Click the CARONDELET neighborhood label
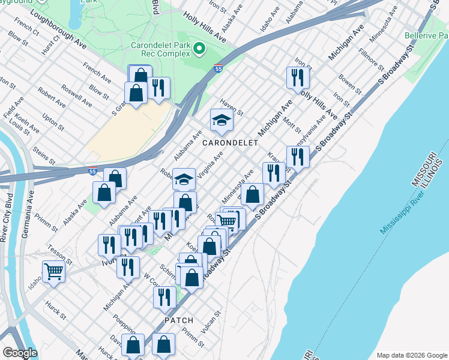tap(230, 143)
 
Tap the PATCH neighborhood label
tap(179, 320)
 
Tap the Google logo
tap(20, 353)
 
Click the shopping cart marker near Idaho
tap(54, 272)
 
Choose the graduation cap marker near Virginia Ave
tap(184, 179)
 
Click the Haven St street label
tap(231, 108)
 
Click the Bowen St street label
tap(349, 85)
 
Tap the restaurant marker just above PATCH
tap(164, 297)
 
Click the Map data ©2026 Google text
tap(411, 355)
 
